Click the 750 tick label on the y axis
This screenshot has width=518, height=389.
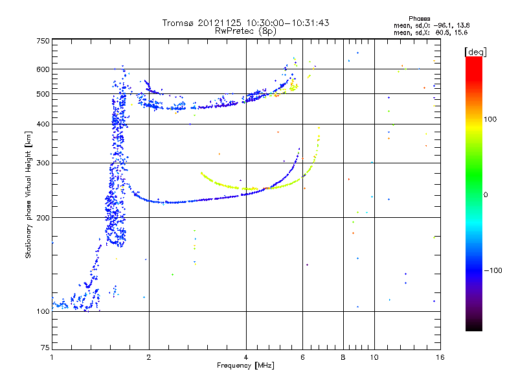[x=42, y=41]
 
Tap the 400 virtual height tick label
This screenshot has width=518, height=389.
[x=42, y=124]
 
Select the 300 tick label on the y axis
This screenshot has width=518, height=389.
[x=42, y=163]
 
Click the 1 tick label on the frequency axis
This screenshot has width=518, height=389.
[x=52, y=357]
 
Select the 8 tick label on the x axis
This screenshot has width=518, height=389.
[x=343, y=357]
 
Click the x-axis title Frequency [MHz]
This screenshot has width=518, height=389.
[x=245, y=366]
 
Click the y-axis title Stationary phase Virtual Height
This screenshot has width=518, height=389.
[x=28, y=194]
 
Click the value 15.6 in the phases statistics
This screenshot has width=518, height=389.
[x=461, y=32]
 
